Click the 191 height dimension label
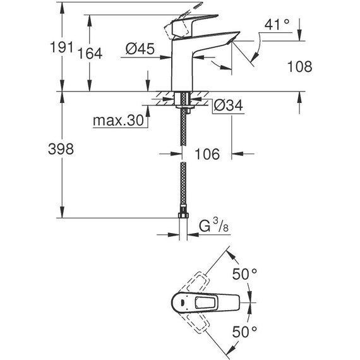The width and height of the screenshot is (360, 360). click(x=61, y=47)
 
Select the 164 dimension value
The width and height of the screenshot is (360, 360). click(x=90, y=54)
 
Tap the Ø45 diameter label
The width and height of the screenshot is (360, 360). click(x=140, y=49)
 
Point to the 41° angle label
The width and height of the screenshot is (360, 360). click(x=277, y=25)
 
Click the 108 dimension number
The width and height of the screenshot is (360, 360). click(x=300, y=66)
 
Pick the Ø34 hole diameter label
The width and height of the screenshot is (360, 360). click(x=228, y=105)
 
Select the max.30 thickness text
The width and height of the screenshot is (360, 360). click(x=119, y=120)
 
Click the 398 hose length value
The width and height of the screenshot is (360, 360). click(x=61, y=148)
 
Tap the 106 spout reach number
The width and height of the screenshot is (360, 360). click(x=207, y=154)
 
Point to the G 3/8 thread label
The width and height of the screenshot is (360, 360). click(x=213, y=225)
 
